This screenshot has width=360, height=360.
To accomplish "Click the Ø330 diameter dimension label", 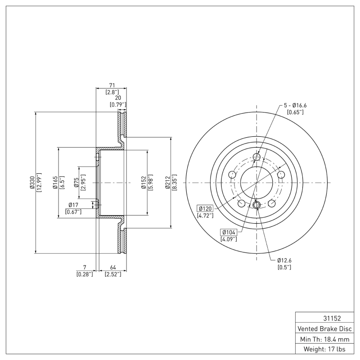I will (31, 183).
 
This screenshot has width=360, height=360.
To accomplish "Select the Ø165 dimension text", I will (54, 183).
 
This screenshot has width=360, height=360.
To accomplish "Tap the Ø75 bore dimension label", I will (76, 183).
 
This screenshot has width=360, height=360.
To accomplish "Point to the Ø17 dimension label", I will (73, 205).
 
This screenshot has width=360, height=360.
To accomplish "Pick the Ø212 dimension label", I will (167, 183).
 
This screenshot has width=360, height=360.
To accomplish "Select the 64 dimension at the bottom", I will (112, 267).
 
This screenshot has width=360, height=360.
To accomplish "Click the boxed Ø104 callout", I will (229, 232).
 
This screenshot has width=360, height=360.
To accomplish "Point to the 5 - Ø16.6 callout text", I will (295, 105).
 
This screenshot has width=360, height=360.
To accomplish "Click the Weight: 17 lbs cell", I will (324, 349).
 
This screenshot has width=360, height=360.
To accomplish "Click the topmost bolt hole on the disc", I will (257, 157).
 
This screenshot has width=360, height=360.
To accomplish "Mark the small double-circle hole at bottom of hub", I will (256, 206).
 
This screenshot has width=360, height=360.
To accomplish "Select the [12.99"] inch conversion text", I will (39, 183).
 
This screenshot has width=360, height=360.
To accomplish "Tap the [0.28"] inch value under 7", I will (85, 274).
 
